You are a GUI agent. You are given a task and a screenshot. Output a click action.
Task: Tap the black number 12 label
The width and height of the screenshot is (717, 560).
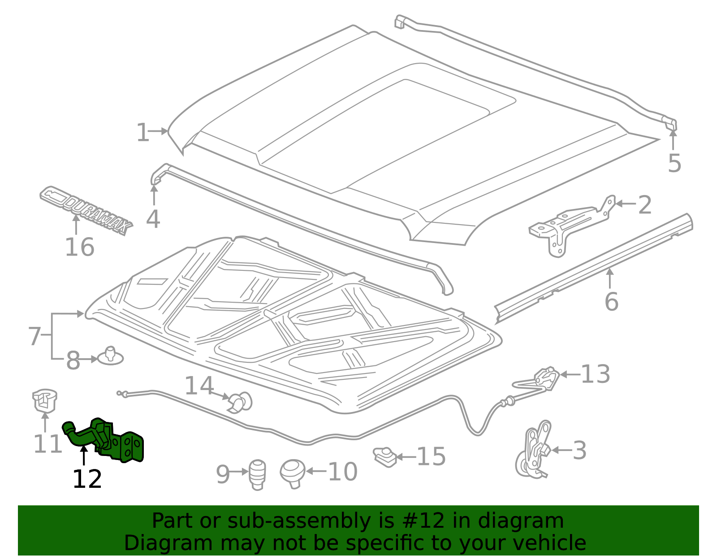tap(87, 479)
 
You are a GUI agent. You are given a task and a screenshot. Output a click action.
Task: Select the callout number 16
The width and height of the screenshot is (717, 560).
tap(79, 247)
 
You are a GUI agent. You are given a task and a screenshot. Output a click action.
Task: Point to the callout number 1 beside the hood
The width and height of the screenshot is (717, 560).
tap(143, 133)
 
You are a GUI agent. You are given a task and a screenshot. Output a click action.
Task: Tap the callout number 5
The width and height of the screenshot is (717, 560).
tap(674, 163)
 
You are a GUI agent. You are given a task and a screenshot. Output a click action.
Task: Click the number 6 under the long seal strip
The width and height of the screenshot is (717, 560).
tap(611, 302)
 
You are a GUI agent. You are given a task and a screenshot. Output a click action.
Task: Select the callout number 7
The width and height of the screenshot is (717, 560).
tap(35, 336)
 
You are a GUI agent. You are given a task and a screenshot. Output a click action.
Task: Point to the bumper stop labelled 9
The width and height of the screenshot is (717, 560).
tap(257, 474)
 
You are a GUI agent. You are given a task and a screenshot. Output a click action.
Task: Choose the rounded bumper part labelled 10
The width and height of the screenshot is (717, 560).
tap(292, 473)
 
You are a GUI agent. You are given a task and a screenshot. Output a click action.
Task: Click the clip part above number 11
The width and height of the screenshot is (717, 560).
tap(44, 399)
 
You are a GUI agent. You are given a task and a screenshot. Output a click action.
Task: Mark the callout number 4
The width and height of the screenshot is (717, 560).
tap(153, 220)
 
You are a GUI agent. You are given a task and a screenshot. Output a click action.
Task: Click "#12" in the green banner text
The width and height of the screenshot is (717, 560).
tap(423, 521)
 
